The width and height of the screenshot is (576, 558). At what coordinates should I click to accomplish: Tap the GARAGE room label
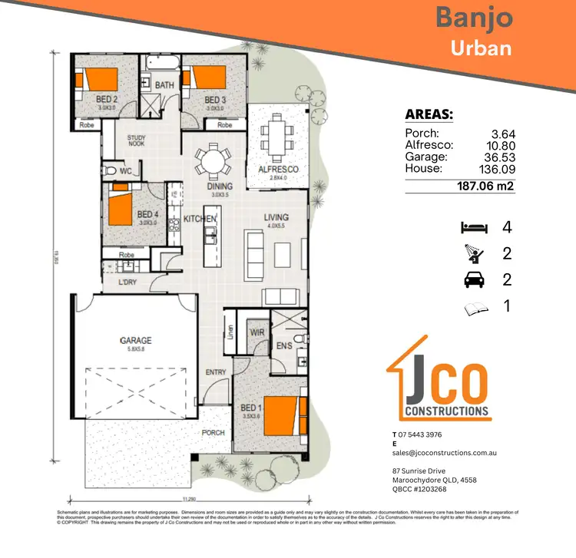pyautogui.click(x=134, y=340)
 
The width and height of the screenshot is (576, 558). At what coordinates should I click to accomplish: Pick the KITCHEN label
pyautogui.click(x=200, y=220)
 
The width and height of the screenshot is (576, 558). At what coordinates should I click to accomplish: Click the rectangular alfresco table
pyautogui.click(x=276, y=135)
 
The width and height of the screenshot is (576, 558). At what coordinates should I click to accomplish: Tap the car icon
pyautogui.click(x=474, y=280)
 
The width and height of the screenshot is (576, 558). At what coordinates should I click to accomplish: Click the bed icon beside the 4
pyautogui.click(x=474, y=227)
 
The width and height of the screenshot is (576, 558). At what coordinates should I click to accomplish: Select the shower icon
pyautogui.click(x=474, y=253)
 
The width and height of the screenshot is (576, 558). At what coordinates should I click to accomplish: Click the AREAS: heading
pyautogui.click(x=429, y=115)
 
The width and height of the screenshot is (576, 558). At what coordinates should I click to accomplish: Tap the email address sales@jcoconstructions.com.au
pyautogui.click(x=445, y=454)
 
